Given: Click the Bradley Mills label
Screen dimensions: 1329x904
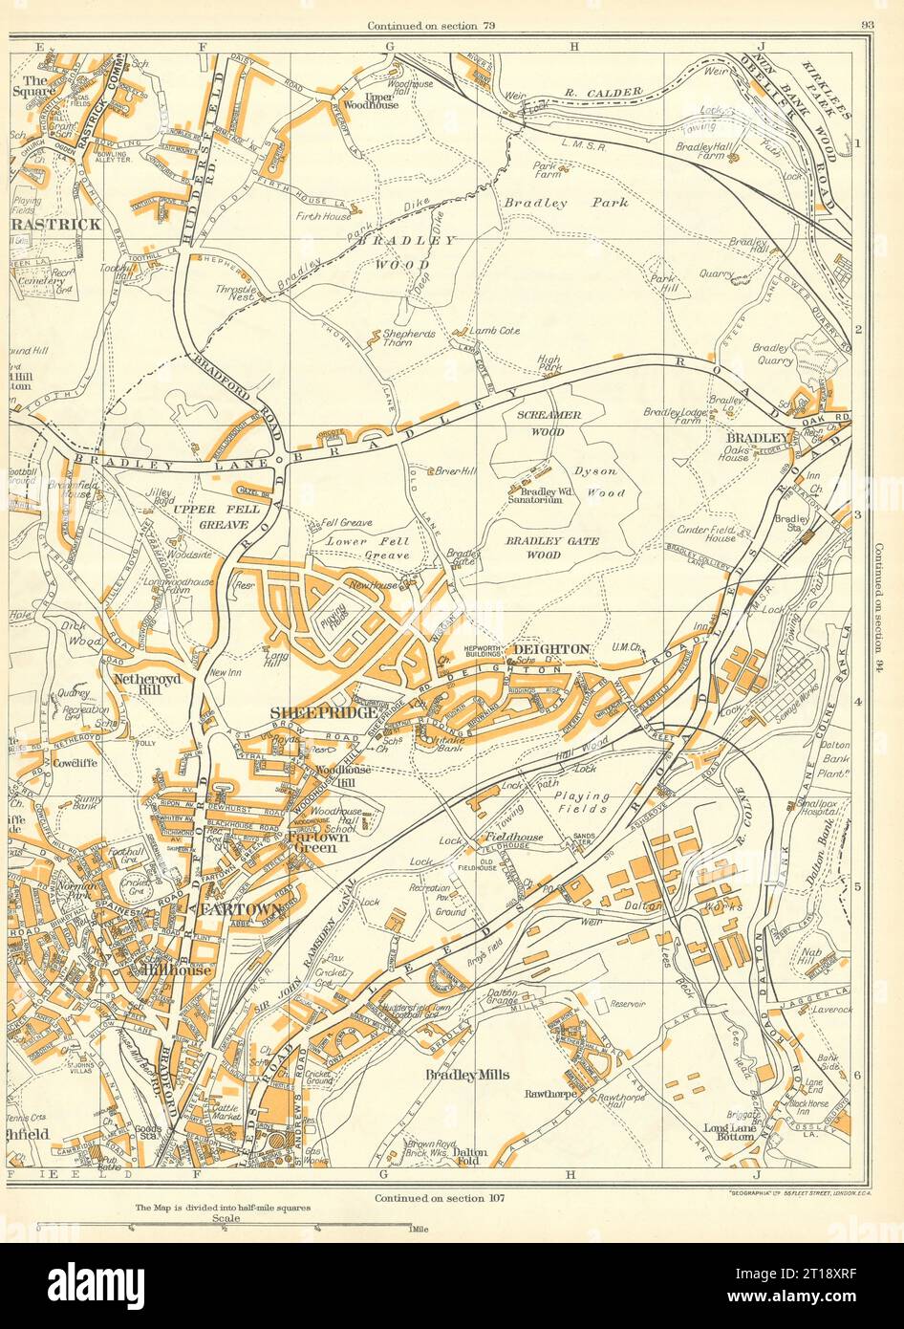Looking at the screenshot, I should (x=463, y=1075).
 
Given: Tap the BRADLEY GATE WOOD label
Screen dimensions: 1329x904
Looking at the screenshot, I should (x=551, y=547).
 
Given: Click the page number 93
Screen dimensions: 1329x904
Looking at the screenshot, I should (x=867, y=26).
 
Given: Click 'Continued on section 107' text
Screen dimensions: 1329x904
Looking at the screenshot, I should (x=439, y=1197).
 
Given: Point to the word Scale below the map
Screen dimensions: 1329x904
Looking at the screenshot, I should (x=226, y=1220).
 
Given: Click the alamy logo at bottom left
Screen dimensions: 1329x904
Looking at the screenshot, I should (x=86, y=1282).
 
